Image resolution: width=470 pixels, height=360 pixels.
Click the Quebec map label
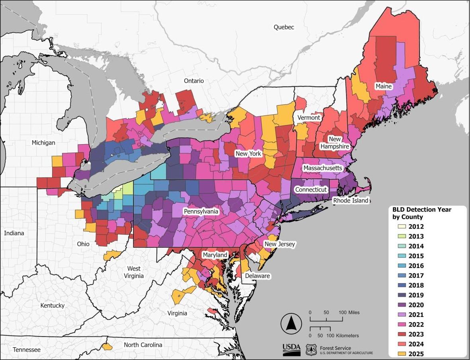[x=284, y=27]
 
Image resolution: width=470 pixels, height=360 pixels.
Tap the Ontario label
[x=194, y=81]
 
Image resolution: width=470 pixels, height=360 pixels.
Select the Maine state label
[x=384, y=86]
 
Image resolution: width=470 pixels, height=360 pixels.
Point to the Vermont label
[x=309, y=118]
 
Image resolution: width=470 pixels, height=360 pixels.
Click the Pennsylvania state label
[x=201, y=211]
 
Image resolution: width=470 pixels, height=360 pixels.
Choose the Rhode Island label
[x=351, y=200]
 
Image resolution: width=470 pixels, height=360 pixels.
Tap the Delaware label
[x=257, y=276]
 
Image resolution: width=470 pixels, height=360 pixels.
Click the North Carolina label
[x=143, y=345]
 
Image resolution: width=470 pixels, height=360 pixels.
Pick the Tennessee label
[x=27, y=350]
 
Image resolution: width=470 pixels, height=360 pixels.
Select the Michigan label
[x=44, y=143]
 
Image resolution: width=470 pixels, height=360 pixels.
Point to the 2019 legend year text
[x=416, y=295]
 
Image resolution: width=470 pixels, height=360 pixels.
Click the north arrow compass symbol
[x=290, y=323]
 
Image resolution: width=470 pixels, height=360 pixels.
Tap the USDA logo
[x=292, y=349]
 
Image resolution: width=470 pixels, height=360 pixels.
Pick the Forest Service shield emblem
[x=311, y=350]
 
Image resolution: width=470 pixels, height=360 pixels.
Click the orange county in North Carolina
[x=106, y=346]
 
